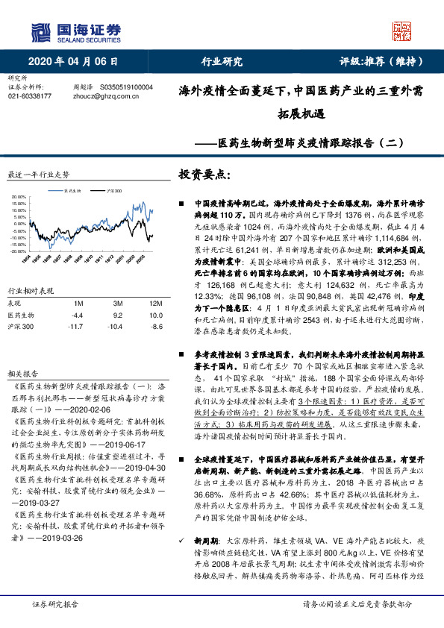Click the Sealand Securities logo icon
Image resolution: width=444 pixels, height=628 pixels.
[43, 31]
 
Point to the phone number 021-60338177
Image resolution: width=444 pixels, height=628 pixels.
[29, 96]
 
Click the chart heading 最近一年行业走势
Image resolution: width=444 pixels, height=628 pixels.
[38, 174]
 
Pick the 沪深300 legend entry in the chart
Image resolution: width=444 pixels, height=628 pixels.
[114, 191]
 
